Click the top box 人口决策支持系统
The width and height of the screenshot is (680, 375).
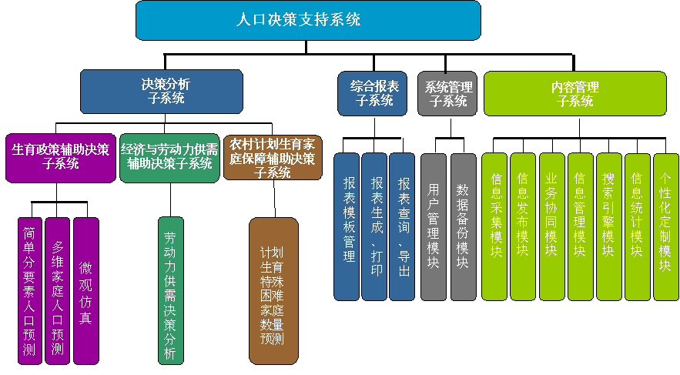[x=308, y=21]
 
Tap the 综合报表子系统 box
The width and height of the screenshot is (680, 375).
[x=372, y=93]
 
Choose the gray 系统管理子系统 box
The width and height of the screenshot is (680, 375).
[x=447, y=93]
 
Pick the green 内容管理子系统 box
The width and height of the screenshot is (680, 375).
[x=574, y=93]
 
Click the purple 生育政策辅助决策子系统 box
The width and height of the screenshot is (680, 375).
[x=60, y=159]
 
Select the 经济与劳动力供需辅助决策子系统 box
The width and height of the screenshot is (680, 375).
[x=169, y=158]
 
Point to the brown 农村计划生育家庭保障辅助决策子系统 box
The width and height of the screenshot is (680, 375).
[x=272, y=158]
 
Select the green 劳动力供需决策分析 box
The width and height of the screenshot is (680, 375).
[x=170, y=290]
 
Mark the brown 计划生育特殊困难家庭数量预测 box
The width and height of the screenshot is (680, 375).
[x=273, y=290]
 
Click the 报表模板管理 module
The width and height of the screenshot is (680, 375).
[x=347, y=226]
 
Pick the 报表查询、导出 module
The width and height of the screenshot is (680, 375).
[x=402, y=226]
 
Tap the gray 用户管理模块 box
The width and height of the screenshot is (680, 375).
[x=434, y=226]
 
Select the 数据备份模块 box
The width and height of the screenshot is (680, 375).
[x=463, y=226]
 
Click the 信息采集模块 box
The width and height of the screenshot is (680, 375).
[x=494, y=226]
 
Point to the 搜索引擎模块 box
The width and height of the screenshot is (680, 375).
[x=608, y=226]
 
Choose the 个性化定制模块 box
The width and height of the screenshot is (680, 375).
[x=665, y=226]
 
